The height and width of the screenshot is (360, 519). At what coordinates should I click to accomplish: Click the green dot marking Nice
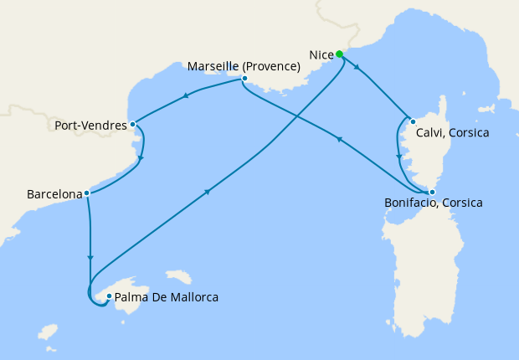click(340, 54)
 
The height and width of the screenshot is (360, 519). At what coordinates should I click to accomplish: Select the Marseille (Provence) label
click(244, 66)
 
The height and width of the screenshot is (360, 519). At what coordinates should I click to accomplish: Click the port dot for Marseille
click(244, 80)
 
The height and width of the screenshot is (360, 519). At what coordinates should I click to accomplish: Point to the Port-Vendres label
click(91, 126)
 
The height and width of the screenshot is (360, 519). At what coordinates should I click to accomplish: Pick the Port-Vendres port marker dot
click(133, 125)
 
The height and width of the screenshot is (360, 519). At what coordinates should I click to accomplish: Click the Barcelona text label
click(54, 194)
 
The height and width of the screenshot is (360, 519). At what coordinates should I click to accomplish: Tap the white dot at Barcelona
click(86, 193)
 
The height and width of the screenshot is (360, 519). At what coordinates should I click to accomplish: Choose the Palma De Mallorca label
click(167, 296)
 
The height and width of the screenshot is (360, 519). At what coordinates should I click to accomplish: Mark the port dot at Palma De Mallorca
click(109, 296)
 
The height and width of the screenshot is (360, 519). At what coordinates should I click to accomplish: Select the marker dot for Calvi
click(413, 121)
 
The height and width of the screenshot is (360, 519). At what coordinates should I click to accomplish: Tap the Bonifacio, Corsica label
click(434, 203)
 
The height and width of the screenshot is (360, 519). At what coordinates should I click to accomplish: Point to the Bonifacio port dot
click(432, 193)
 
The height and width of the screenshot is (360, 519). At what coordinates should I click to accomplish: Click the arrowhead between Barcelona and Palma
click(90, 258)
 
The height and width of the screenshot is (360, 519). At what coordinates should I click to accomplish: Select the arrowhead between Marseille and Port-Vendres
click(185, 96)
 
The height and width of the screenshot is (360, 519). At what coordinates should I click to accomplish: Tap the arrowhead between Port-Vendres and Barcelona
click(141, 158)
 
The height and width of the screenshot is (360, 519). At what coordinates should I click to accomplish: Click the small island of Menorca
click(179, 275)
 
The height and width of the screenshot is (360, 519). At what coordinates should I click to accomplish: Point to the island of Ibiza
click(47, 331)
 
